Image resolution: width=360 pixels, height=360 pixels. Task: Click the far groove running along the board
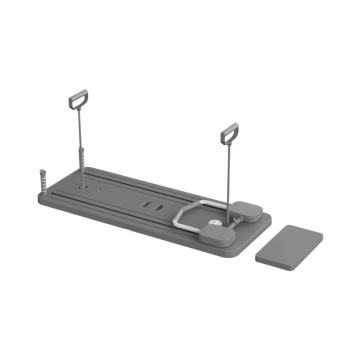click(x=140, y=186)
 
